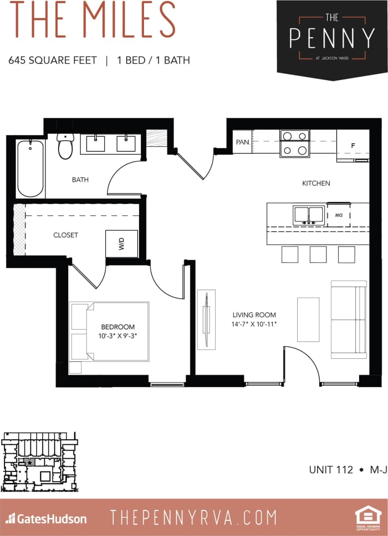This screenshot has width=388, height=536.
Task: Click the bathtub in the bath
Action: pos(30,168)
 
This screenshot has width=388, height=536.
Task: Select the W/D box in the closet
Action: pos(122,244)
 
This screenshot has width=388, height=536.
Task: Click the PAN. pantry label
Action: pos(243,142)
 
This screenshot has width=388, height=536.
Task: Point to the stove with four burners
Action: pos(294,143)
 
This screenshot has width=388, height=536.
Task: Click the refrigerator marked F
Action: pos(353,146)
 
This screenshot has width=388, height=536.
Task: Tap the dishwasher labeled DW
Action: pos(338,215)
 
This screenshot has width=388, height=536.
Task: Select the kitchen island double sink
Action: pos(309,216)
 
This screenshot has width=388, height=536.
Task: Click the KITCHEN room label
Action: pos(316,183)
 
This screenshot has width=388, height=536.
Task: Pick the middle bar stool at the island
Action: pos(318,254)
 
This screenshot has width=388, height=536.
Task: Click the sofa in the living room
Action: pos(349,319)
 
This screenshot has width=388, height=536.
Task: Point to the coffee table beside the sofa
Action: pos(308,319)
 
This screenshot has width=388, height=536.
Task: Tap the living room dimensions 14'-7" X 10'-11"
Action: pos(254,324)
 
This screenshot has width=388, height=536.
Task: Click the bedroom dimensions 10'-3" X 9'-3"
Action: pos(118,336)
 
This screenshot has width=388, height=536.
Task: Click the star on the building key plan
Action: pos(30,463)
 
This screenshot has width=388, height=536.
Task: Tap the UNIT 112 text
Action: pos(331,470)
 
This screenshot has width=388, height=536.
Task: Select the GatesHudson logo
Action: pos(46,519)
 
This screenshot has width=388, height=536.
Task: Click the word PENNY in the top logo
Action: pos(332,38)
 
